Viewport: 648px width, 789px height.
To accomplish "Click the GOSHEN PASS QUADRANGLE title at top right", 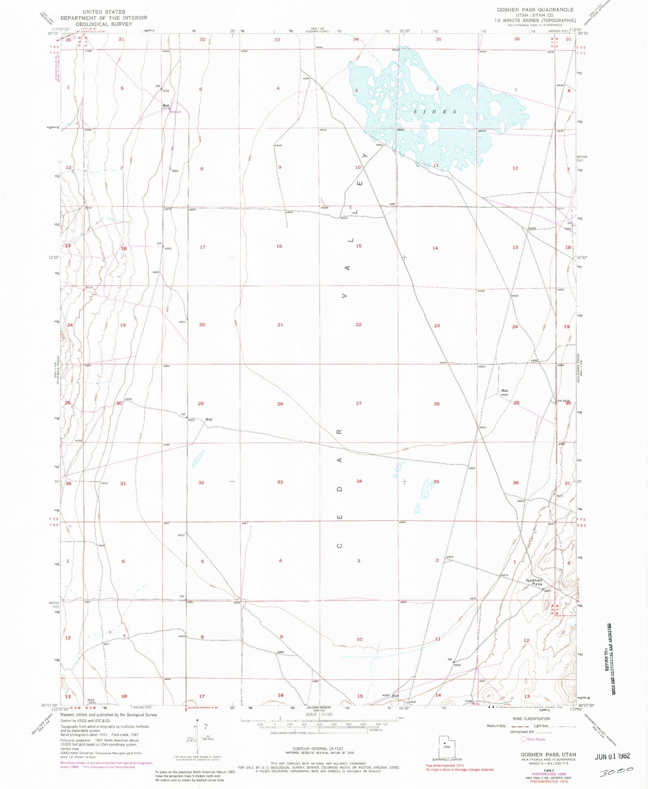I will point(535,9).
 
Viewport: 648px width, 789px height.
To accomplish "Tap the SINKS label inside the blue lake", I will point(435,112).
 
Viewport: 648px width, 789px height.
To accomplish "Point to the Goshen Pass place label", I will point(535,582).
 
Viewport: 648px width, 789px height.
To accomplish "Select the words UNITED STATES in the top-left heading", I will point(104,12).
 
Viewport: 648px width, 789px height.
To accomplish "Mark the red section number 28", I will point(280,404).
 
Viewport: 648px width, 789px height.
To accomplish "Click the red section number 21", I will point(280,325).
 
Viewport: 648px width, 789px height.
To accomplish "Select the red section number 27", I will point(359,403).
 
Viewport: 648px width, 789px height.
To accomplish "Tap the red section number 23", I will point(437,325).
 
